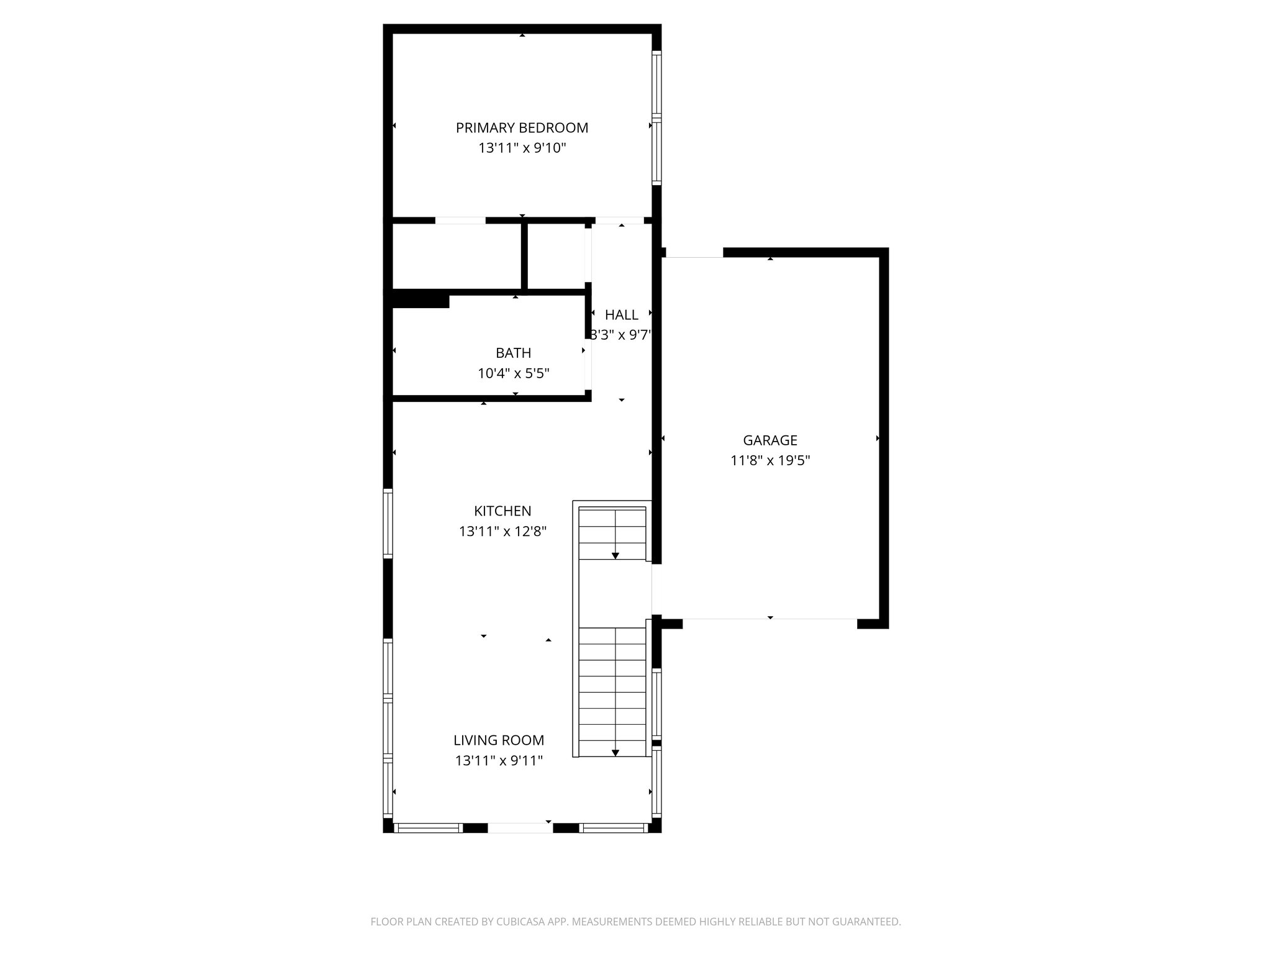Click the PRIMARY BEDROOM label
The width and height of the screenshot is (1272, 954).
tap(522, 128)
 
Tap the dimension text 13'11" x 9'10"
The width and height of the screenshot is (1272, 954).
tap(522, 148)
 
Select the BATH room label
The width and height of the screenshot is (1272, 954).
tap(513, 353)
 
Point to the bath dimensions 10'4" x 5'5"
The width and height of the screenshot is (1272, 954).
tap(513, 373)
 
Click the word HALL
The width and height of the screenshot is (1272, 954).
tap(621, 315)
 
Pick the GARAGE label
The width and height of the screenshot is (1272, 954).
tap(770, 440)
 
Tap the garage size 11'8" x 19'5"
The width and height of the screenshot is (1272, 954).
tap(770, 461)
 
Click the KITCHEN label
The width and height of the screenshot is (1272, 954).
tap(502, 511)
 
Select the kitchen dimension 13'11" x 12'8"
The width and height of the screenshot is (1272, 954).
tap(502, 532)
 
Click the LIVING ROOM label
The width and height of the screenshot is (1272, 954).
tap(499, 740)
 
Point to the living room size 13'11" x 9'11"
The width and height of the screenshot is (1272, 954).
tap(499, 761)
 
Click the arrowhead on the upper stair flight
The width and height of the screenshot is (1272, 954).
tap(616, 555)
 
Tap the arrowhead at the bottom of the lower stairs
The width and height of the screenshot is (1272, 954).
tap(616, 752)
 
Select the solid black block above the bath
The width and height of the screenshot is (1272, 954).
tap(420, 299)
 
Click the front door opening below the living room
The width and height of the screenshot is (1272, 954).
tap(520, 827)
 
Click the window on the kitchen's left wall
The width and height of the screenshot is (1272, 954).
tap(388, 523)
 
